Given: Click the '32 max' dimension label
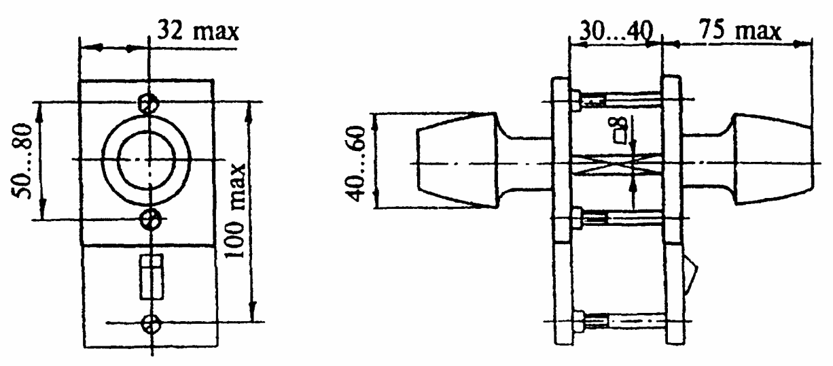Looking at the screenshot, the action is coord(198,31).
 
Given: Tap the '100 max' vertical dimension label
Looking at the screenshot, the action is coord(235,211).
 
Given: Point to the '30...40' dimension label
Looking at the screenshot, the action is coord(616,31).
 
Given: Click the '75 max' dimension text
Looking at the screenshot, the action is coord(740,30).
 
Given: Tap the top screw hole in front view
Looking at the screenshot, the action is coord(148,103).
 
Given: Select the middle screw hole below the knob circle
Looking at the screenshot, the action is coord(151,219).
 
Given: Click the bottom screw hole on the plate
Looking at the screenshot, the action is coord(151,324).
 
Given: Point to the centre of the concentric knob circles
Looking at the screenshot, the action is coord(147,160).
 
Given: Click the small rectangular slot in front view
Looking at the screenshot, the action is coord(152,277).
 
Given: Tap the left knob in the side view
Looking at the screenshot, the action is coord(457,161).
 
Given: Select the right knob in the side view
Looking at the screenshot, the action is coord(773,159).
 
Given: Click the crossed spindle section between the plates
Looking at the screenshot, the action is coord(616,165).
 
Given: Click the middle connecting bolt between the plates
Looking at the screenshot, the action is coord(616,218).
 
